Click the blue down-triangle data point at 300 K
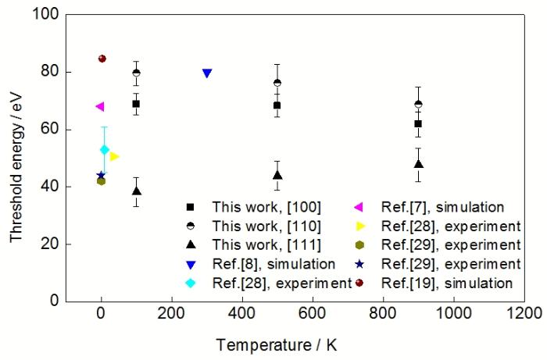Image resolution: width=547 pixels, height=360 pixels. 207,73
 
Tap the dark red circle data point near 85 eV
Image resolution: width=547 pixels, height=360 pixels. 102,59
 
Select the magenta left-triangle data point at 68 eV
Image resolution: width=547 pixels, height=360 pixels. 100,106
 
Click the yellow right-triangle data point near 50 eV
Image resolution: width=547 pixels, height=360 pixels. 114,157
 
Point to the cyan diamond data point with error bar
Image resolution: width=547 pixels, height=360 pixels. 105,149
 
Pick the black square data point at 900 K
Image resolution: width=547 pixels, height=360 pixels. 418,123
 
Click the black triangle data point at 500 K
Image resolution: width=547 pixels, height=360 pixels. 277,175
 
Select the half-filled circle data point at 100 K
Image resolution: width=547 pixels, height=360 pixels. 137,73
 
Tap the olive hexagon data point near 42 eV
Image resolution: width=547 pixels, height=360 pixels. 101,181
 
